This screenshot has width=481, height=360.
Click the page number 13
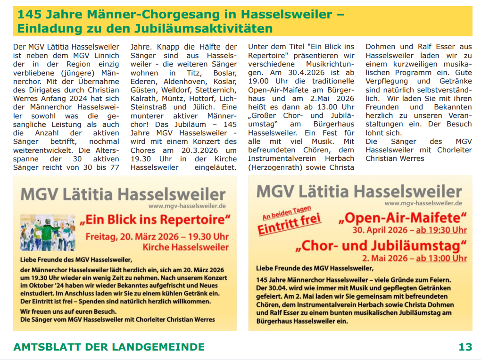465,347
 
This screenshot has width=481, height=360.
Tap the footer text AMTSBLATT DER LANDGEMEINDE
109,347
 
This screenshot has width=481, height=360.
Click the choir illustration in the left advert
48,232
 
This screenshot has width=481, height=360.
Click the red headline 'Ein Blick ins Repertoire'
156,220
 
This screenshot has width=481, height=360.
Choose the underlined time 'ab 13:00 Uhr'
441,258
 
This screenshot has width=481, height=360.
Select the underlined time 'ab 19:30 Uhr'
441,230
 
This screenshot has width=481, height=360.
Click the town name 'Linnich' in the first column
105,56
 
